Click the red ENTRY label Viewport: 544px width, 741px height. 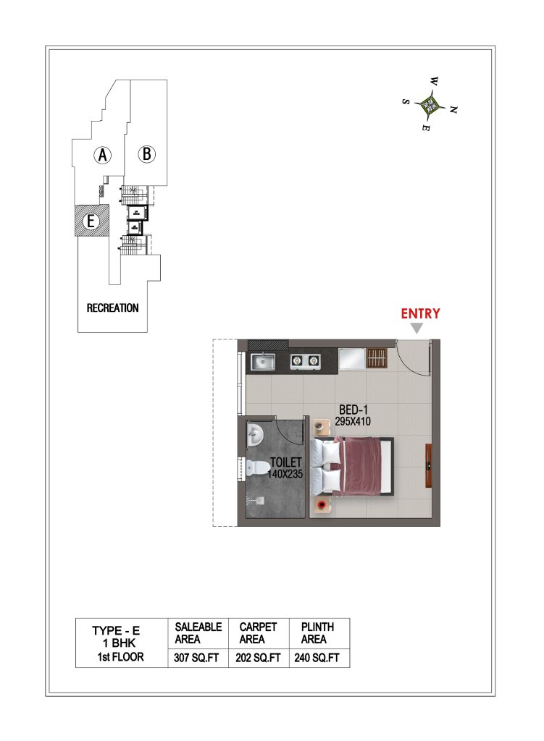420,313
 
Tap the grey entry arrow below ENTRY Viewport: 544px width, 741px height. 417,329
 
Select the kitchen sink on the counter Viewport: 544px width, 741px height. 263,362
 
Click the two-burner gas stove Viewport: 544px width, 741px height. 305,362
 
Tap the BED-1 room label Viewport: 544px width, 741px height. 353,410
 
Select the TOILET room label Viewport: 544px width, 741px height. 285,462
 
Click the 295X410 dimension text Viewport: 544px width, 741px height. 353,421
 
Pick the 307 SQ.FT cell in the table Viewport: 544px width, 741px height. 196,657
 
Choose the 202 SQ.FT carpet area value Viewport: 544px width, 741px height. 258,657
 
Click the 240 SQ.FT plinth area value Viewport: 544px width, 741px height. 317,657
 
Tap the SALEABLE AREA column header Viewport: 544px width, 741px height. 198,633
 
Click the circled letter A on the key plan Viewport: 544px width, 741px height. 103,155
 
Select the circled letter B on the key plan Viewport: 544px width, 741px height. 146,154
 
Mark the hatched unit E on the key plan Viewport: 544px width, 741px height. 92,221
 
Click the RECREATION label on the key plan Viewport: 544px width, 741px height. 112,308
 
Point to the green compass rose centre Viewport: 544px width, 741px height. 430,104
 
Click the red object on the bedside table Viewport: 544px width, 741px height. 322,504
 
